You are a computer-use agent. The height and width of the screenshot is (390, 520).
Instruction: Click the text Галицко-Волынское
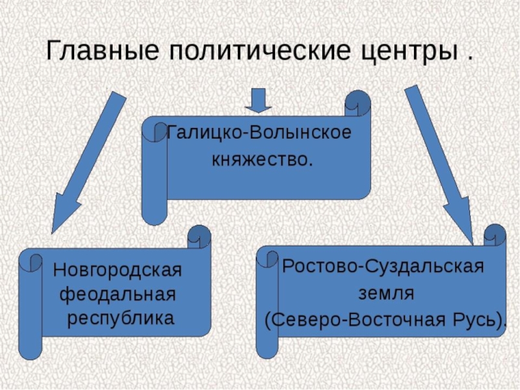click(x=259, y=133)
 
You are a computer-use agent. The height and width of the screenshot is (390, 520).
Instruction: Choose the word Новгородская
click(x=118, y=268)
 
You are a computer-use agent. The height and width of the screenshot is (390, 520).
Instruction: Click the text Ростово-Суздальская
click(x=383, y=267)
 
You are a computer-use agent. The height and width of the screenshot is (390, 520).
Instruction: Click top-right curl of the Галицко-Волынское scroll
click(x=358, y=103)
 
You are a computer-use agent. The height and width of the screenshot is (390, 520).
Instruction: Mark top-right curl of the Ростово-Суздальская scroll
click(x=494, y=235)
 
